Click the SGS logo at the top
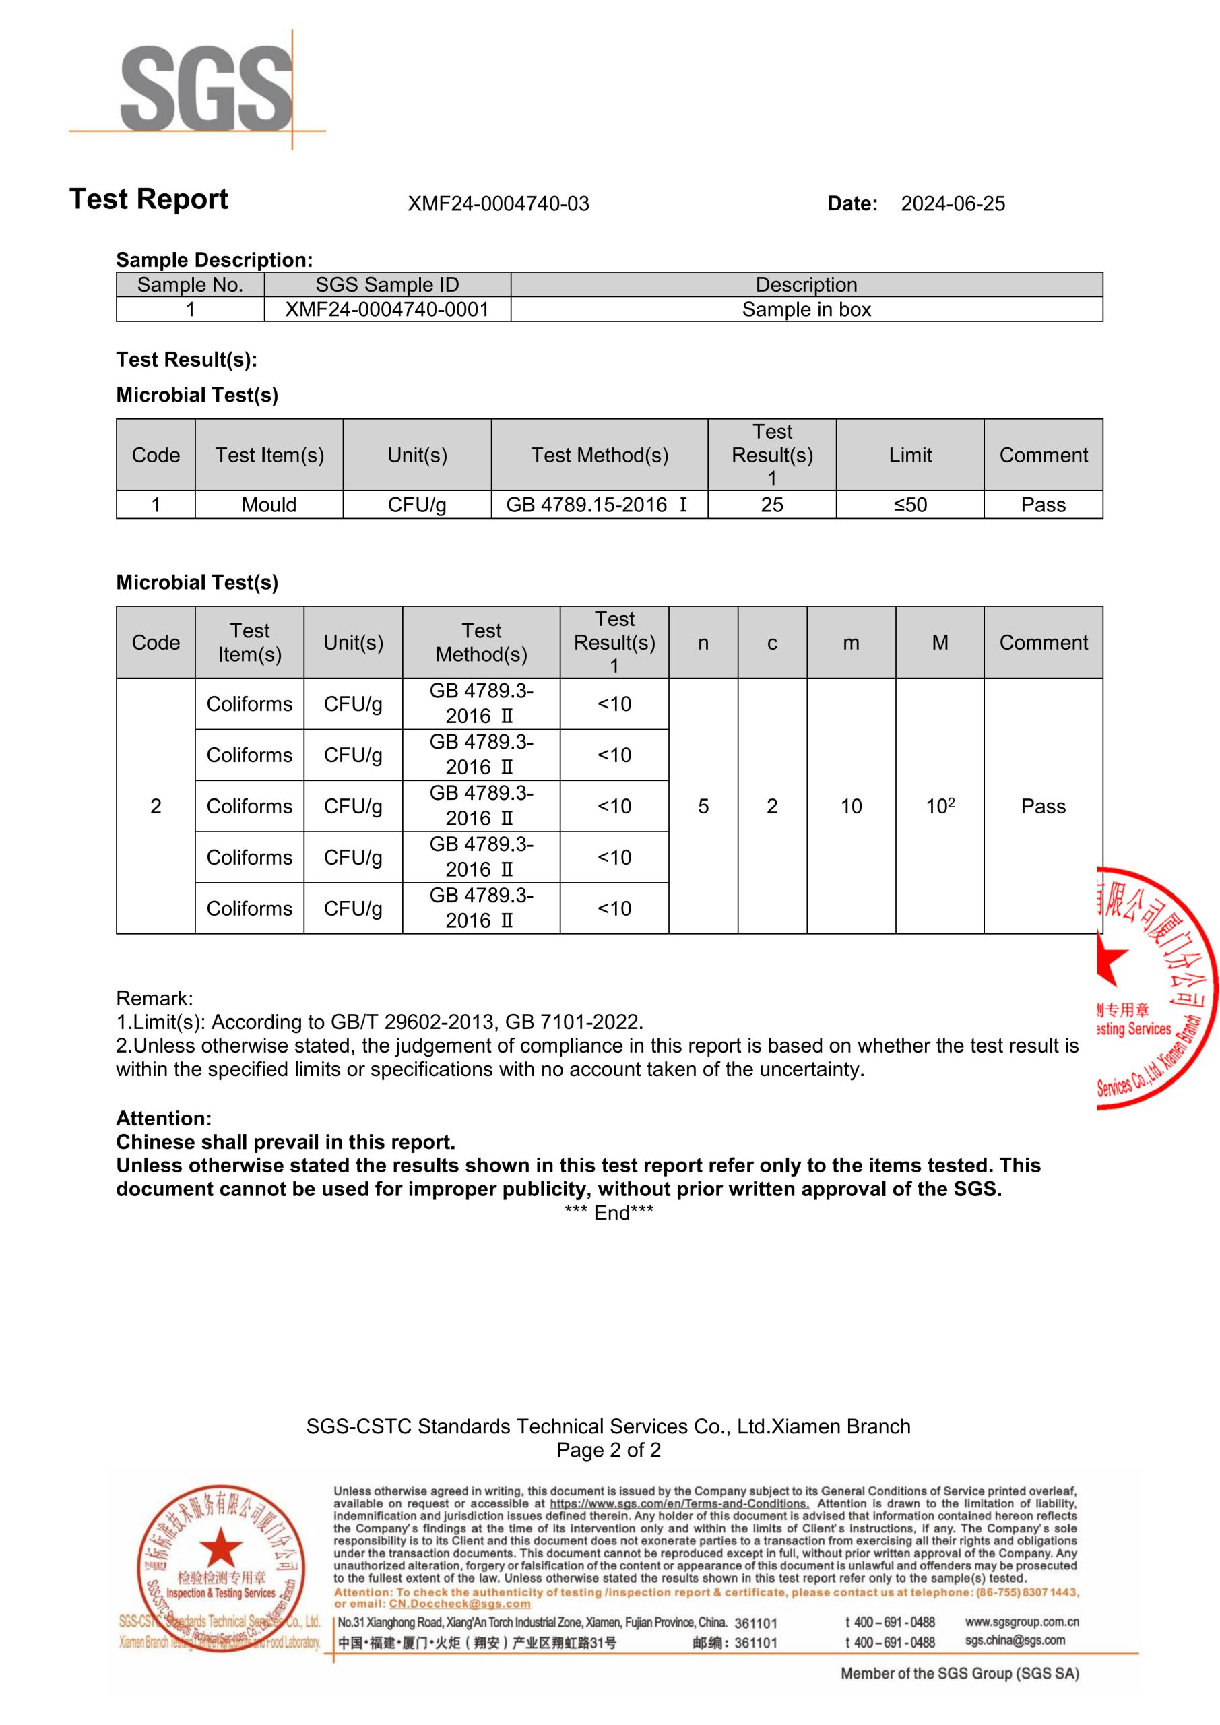click(207, 89)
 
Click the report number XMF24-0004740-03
click(498, 203)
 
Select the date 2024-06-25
click(953, 203)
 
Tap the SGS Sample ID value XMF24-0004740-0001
click(387, 309)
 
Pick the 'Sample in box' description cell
click(806, 309)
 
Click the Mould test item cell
click(269, 505)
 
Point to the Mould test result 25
click(771, 505)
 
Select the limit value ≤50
click(909, 505)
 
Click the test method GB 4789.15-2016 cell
click(598, 505)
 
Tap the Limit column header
click(909, 456)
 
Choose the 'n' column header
click(703, 642)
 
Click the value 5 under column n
click(703, 806)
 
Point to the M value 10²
click(940, 806)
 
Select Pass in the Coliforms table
click(1043, 806)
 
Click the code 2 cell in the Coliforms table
click(156, 806)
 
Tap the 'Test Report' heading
click(149, 199)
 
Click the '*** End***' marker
click(608, 1213)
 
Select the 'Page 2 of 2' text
click(608, 1450)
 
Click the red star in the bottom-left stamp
click(220, 1549)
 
